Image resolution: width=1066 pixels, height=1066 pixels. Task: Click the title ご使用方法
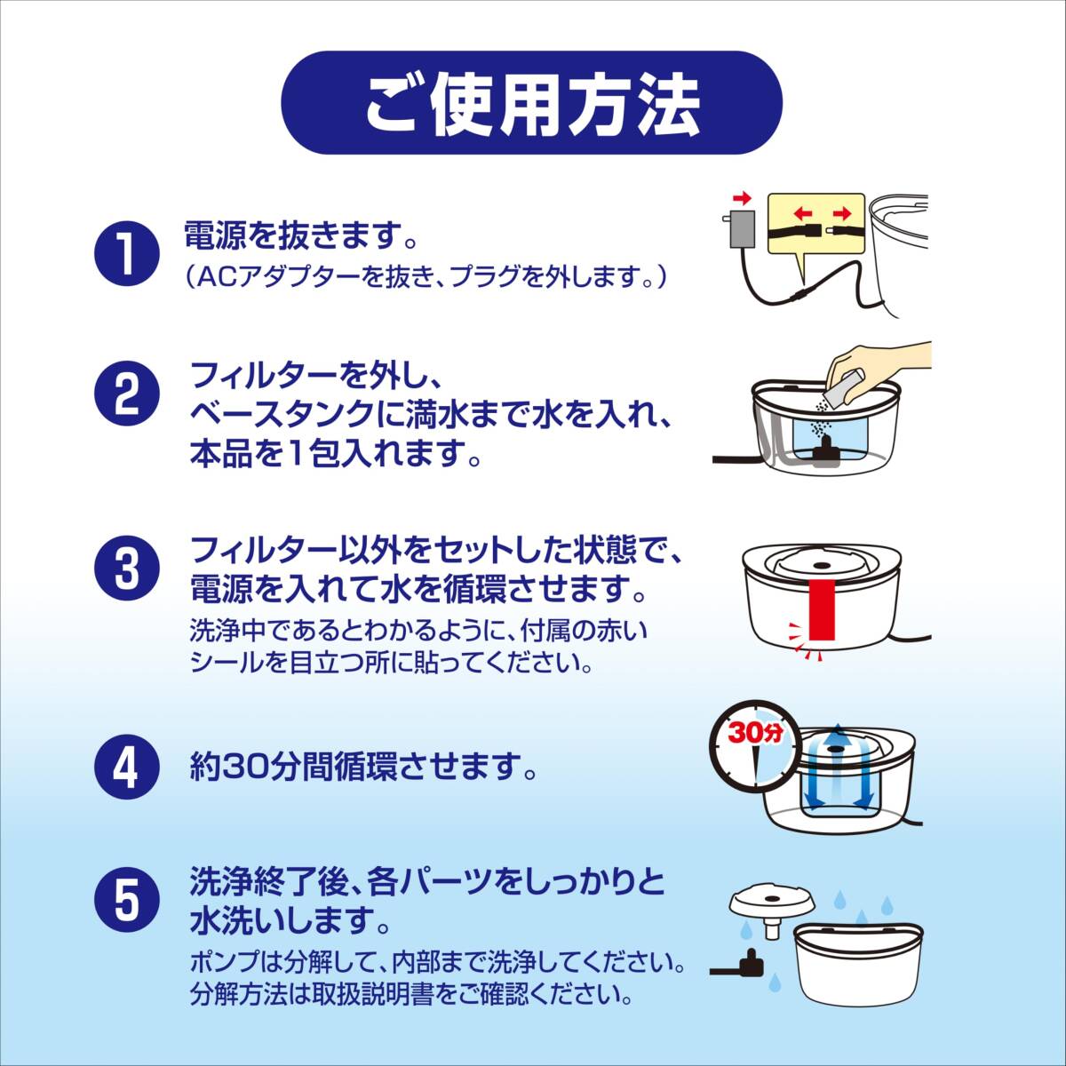532,105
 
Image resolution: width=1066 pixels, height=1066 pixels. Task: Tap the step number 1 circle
127,253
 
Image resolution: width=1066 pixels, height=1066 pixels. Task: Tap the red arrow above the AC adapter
741,197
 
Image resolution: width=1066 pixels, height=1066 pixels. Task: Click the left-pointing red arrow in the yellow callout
804,213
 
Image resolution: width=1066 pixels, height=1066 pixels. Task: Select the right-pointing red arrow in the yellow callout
841,213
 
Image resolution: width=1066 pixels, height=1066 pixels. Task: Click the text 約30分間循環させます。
363,766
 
